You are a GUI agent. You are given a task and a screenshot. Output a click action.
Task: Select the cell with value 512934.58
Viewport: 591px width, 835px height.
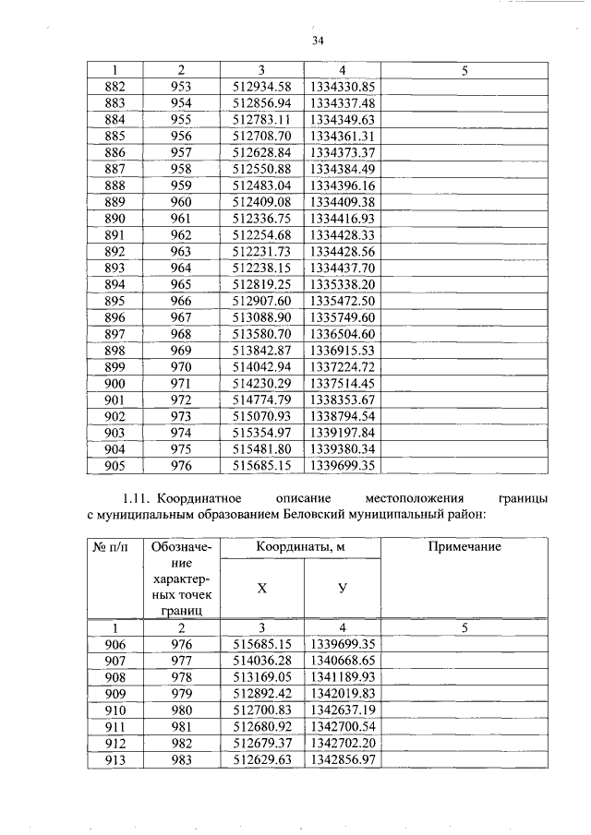(261, 86)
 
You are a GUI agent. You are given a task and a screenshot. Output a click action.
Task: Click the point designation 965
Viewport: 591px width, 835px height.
(181, 285)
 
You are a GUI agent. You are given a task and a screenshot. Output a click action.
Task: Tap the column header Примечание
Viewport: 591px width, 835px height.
(464, 547)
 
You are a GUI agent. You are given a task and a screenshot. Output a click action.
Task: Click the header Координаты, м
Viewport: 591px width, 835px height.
(302, 547)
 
